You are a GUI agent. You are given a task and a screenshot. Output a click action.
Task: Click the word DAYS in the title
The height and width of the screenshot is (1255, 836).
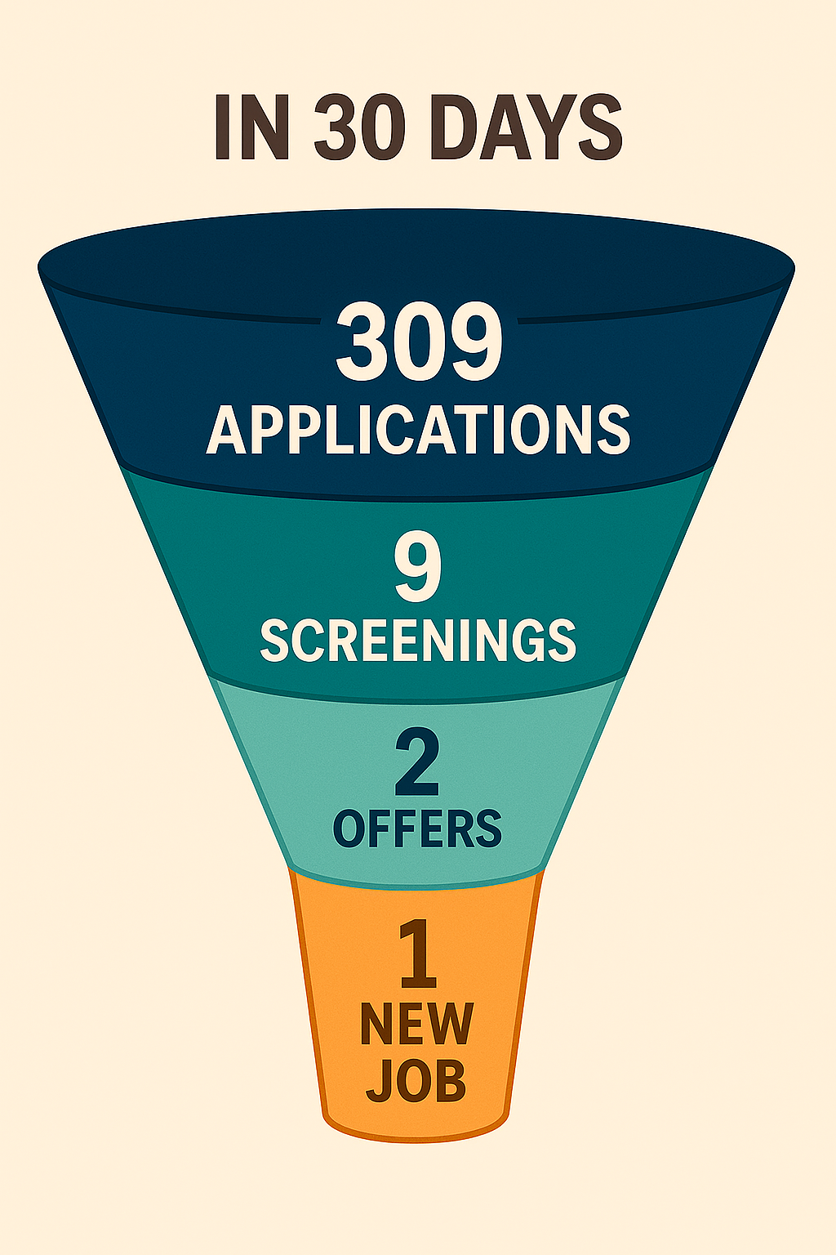tap(527, 127)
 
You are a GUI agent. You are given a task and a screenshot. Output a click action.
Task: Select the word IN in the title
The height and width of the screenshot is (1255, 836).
tap(251, 127)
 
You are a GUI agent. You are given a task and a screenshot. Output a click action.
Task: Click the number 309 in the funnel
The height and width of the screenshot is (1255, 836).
tap(418, 342)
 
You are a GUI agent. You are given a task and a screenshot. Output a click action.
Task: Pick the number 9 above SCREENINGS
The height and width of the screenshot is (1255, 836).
tap(418, 569)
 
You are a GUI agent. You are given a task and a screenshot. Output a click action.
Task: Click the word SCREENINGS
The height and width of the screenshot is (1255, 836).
tap(418, 640)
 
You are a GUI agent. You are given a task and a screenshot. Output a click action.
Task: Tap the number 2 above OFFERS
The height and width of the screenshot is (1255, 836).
tap(417, 764)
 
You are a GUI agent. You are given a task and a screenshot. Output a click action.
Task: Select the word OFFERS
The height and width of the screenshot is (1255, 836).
tap(417, 828)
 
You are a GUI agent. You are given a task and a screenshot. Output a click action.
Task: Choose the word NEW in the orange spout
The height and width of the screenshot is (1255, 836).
tap(416, 1023)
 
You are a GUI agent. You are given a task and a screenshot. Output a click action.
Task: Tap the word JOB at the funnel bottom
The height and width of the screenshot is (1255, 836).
tap(416, 1080)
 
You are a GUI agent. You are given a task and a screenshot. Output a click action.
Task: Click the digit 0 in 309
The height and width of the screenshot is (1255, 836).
tap(418, 342)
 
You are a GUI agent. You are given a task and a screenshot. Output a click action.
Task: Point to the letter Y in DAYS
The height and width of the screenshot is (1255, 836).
tap(556, 127)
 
